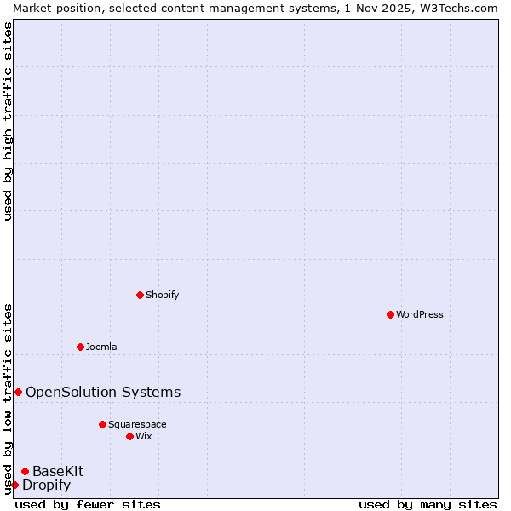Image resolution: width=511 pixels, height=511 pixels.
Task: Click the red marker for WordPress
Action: [390, 314]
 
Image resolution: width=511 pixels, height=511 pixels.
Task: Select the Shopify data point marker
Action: [141, 295]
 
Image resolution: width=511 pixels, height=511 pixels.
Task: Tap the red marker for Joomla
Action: [81, 347]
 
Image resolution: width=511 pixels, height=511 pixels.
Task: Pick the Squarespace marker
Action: [103, 424]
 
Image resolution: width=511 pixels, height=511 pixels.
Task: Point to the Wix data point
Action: [130, 436]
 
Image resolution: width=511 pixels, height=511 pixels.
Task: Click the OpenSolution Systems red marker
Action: [18, 392]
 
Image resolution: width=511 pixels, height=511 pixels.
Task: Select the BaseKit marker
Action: [26, 471]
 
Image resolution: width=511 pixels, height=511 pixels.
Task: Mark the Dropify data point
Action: [14, 485]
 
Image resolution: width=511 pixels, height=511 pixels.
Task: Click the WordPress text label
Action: [420, 314]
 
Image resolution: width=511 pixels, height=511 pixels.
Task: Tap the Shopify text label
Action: [162, 295]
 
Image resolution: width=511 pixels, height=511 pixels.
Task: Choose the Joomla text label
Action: [101, 347]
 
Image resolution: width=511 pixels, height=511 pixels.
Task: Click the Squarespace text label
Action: [137, 424]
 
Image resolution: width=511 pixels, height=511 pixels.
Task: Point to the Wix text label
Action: [144, 436]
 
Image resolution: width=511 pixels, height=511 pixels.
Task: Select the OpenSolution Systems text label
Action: [103, 392]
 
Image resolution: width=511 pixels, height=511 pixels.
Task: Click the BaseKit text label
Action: [58, 471]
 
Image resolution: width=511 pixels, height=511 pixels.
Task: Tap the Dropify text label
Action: [46, 485]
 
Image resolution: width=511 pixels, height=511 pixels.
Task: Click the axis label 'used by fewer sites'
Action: [88, 504]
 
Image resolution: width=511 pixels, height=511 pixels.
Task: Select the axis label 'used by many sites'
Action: [428, 504]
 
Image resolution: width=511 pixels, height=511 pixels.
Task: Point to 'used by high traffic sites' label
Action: [8, 121]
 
